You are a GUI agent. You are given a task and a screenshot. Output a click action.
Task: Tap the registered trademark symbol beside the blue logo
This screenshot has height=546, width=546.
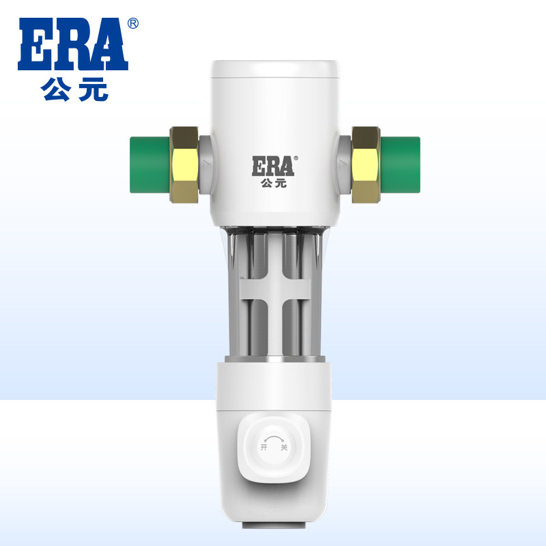[134, 24]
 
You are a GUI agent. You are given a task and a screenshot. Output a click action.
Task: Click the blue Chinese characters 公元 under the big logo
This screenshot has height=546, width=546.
[75, 91]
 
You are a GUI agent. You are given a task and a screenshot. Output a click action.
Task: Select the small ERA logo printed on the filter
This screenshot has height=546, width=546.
[272, 166]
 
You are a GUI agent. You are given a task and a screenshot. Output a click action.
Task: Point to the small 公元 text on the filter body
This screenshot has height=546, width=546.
[272, 182]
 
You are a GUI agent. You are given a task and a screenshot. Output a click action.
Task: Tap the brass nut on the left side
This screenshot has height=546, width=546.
[184, 164]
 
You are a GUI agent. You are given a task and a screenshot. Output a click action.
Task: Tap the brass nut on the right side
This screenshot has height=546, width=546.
[364, 164]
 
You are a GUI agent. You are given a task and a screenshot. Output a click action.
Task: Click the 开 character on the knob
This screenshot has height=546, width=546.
[263, 448]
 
